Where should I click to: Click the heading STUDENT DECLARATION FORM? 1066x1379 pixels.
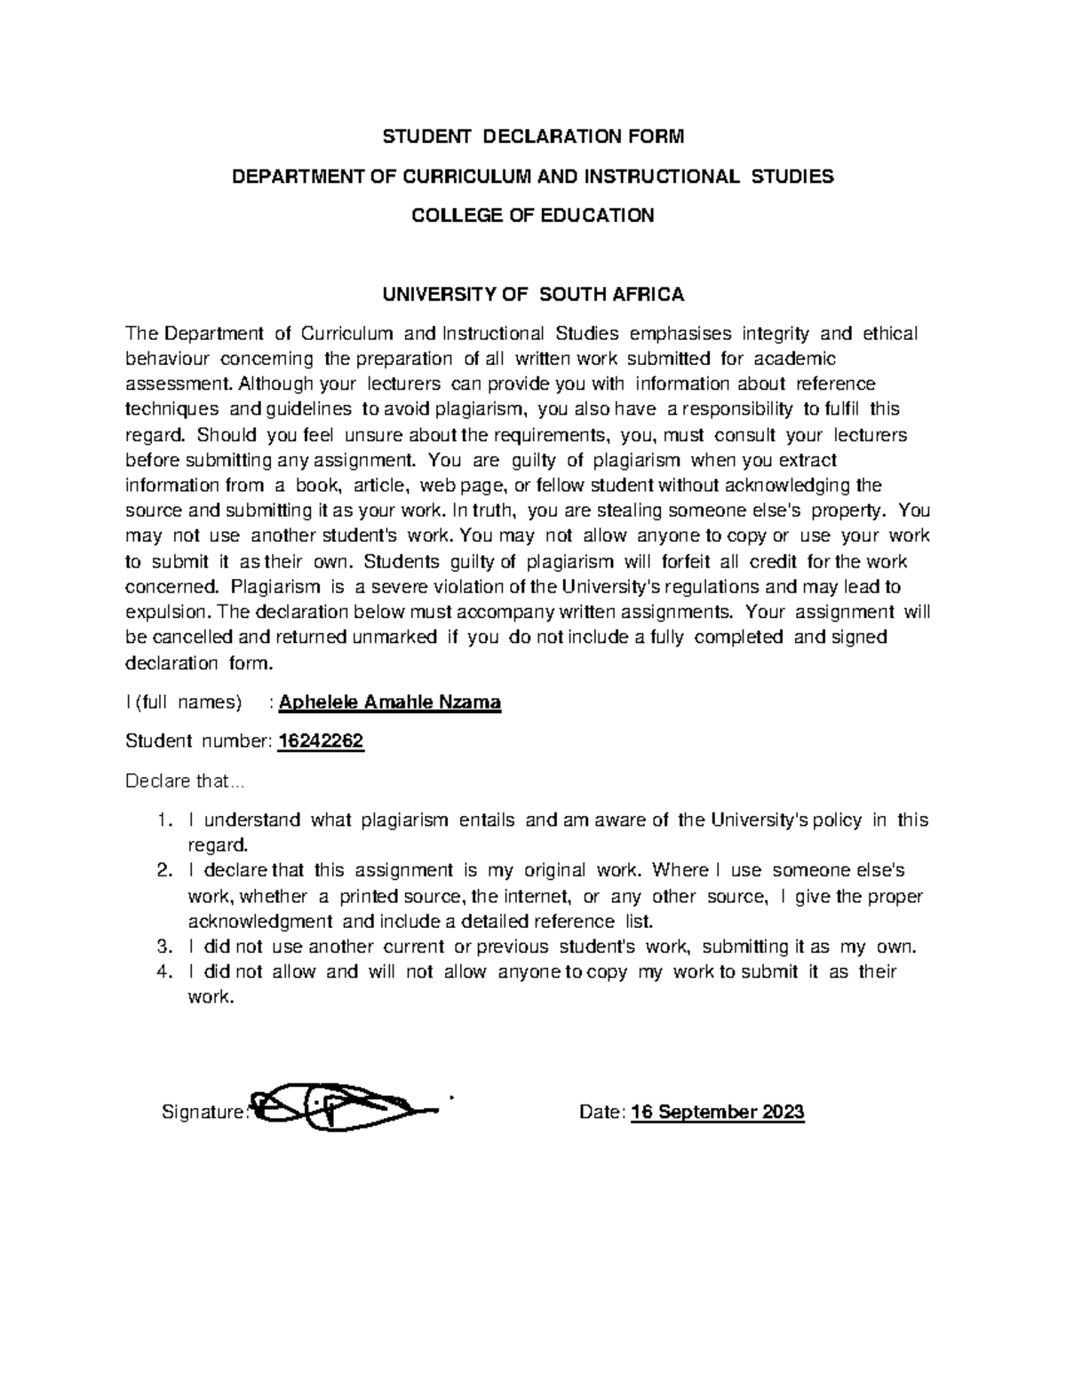point(533,137)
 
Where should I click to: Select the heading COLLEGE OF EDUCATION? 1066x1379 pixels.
point(533,215)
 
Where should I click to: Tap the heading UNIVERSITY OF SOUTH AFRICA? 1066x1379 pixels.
point(533,294)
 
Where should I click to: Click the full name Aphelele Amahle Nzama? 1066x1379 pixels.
point(390,703)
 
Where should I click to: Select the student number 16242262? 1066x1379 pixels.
point(321,742)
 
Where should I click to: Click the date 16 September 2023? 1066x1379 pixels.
point(718,1112)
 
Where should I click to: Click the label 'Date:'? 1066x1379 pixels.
point(602,1112)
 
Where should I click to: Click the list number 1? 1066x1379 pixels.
point(163,820)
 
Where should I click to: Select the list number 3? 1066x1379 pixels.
point(163,947)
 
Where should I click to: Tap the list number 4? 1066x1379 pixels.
point(163,971)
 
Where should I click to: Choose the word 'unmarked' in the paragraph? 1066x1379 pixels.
point(395,638)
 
